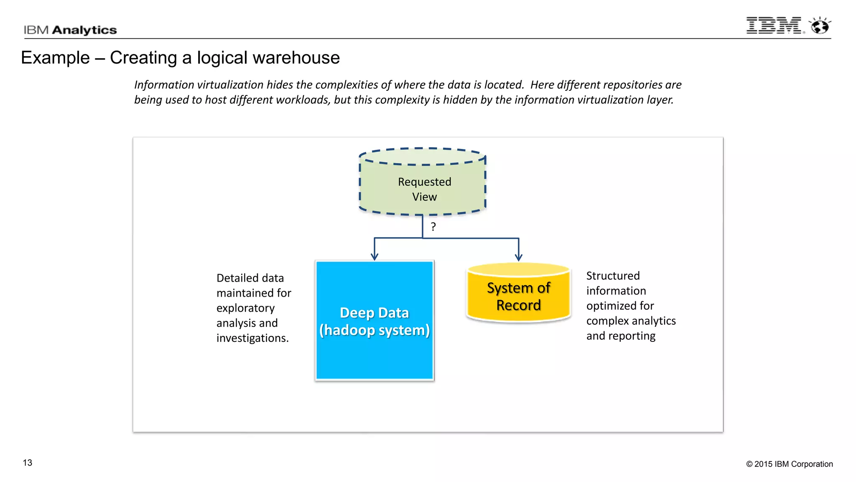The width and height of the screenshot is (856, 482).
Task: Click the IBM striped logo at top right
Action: point(774,26)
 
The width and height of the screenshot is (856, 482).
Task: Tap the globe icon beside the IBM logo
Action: point(820,26)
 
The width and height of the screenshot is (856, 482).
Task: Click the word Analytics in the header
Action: point(84,30)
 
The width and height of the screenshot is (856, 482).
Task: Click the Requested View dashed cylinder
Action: point(423,184)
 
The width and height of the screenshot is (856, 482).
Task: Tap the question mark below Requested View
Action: point(433,227)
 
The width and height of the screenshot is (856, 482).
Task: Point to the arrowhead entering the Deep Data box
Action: point(374,256)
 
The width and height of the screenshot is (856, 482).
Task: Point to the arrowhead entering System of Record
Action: point(519,257)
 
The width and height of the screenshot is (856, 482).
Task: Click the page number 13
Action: point(28,463)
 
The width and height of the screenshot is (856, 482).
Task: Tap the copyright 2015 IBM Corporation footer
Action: point(789,464)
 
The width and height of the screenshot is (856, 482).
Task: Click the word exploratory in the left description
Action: point(245,308)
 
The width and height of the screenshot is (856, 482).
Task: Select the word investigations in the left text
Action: point(252,338)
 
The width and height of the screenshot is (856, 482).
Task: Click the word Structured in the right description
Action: point(613,276)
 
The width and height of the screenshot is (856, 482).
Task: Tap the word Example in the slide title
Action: point(55,58)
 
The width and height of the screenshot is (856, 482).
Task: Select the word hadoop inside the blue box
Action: point(349,331)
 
